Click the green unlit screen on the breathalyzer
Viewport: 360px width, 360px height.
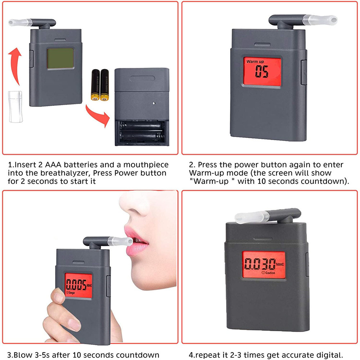click(60, 58)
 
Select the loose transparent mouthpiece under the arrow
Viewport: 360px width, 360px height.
click(15, 107)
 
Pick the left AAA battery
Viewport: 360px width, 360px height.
click(95, 85)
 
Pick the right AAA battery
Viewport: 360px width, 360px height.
click(104, 85)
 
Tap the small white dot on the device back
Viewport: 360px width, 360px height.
click(154, 103)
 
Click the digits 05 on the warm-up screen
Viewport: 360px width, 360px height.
click(261, 72)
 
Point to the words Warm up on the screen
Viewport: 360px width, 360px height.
click(255, 62)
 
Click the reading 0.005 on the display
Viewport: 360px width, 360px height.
click(76, 285)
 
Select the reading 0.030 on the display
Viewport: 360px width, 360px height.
click(260, 264)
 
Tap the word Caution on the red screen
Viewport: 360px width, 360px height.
click(270, 273)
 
